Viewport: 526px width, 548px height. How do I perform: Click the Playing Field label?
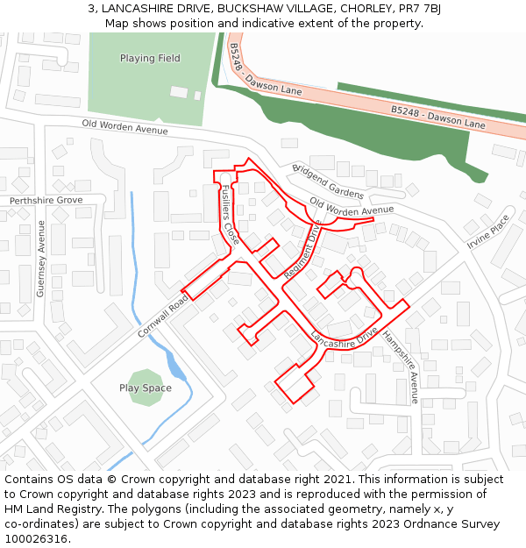point(150,59)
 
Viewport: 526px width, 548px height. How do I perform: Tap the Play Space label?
point(146,388)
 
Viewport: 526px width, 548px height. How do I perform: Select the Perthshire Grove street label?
point(46,201)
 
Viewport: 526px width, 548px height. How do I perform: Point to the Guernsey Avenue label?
point(40,259)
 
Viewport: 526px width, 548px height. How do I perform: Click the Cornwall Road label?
point(163,317)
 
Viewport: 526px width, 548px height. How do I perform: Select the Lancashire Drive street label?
point(344,337)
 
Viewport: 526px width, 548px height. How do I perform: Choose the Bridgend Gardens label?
point(327,181)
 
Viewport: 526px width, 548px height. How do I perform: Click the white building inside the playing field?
point(179,92)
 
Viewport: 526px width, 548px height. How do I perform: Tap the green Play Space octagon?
point(146,388)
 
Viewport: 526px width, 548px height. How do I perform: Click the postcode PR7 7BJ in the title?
point(421,9)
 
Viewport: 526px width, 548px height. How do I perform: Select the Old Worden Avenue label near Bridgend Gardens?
point(352,209)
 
